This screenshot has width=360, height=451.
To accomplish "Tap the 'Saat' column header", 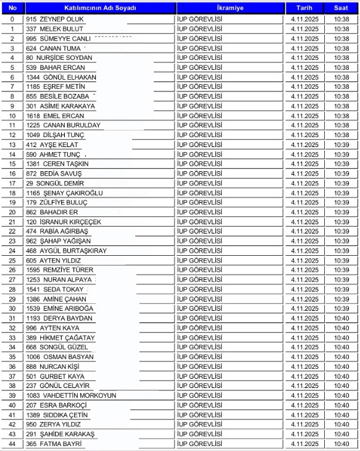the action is (x=341, y=9).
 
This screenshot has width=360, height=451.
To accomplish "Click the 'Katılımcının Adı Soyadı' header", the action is (x=100, y=9).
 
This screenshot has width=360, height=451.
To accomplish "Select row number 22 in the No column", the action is (x=12, y=232).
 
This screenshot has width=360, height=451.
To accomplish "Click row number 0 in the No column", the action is (x=12, y=19).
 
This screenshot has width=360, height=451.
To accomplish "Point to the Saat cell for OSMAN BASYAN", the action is (x=341, y=357).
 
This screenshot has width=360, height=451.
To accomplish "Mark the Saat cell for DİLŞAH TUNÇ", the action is (x=341, y=135).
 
